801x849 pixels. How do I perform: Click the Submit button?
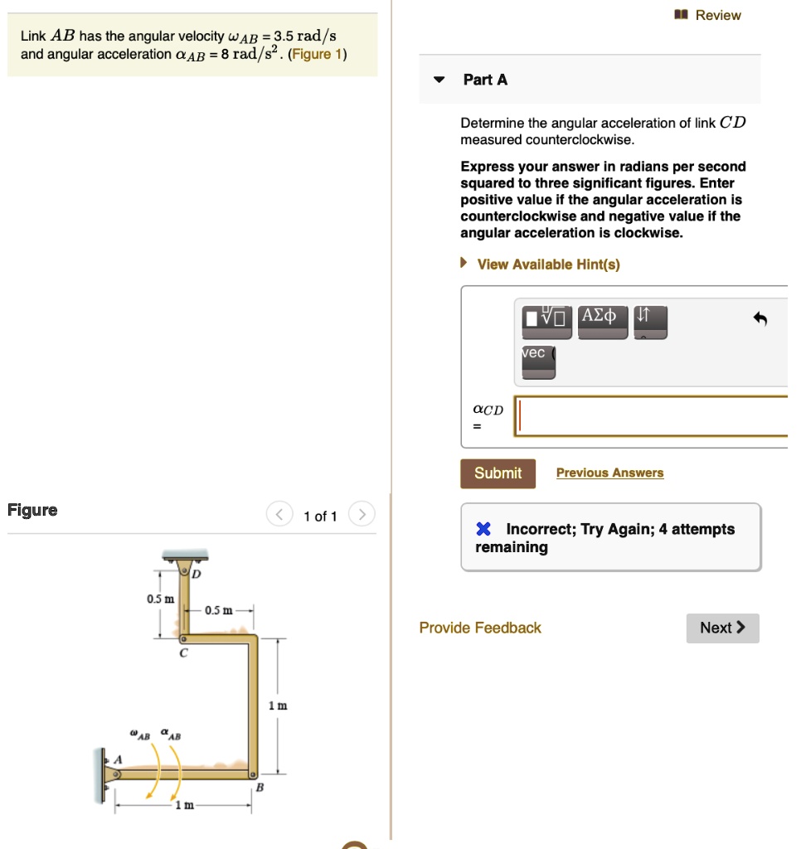point(498,473)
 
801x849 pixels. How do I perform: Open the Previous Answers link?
point(609,473)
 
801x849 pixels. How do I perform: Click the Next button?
point(722,628)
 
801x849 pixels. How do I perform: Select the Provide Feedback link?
point(480,628)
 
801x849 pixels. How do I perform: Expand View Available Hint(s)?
point(547,264)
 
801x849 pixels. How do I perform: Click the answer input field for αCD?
point(651,416)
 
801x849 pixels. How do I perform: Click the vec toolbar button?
point(538,361)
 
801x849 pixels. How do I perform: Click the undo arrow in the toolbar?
point(760,320)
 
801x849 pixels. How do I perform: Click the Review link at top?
point(717,15)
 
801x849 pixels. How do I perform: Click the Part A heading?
point(485,80)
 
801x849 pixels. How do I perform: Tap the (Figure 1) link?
point(318,55)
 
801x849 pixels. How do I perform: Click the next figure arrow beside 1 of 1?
point(362,516)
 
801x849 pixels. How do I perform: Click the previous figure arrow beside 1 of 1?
point(279,516)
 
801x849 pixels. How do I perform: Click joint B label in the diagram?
point(260,788)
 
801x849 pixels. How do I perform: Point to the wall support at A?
point(101,774)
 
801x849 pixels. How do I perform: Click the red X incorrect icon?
point(483,530)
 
